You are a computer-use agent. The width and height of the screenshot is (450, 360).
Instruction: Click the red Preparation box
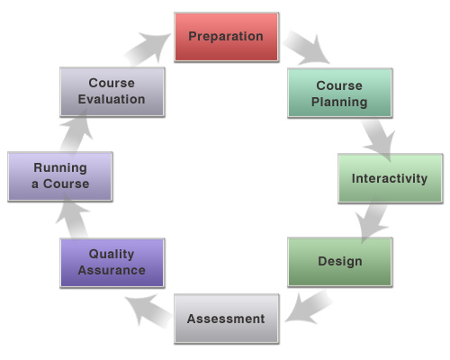pyautogui.click(x=227, y=37)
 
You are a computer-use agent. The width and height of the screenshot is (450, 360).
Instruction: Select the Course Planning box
pyautogui.click(x=340, y=93)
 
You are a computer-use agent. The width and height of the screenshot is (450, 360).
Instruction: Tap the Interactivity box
pyautogui.click(x=391, y=178)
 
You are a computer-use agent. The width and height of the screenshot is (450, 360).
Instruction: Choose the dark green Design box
pyautogui.click(x=340, y=262)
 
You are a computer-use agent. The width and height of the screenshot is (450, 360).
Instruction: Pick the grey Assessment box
pyautogui.click(x=227, y=319)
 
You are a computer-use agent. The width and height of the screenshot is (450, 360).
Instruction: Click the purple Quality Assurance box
pyautogui.click(x=112, y=263)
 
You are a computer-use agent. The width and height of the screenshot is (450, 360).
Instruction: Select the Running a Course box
pyautogui.click(x=60, y=176)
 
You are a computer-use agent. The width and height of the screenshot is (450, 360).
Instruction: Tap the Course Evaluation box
pyautogui.click(x=112, y=92)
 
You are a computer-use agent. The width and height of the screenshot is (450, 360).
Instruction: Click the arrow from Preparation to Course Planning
pyautogui.click(x=307, y=49)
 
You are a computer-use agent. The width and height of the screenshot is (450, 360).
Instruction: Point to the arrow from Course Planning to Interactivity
pyautogui.click(x=379, y=139)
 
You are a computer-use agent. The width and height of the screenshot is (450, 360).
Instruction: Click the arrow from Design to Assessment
pyautogui.click(x=310, y=307)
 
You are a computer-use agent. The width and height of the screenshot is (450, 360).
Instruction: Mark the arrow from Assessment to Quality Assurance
pyautogui.click(x=148, y=310)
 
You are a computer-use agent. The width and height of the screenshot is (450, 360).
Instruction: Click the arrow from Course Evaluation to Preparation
pyautogui.click(x=147, y=48)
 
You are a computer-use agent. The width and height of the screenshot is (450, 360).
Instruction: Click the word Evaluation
pyautogui.click(x=112, y=99)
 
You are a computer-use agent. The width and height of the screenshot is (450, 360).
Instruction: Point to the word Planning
pyautogui.click(x=339, y=103)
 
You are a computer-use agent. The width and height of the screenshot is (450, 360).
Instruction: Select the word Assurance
pyautogui.click(x=112, y=270)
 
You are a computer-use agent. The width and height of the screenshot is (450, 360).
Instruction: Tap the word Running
pyautogui.click(x=60, y=168)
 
